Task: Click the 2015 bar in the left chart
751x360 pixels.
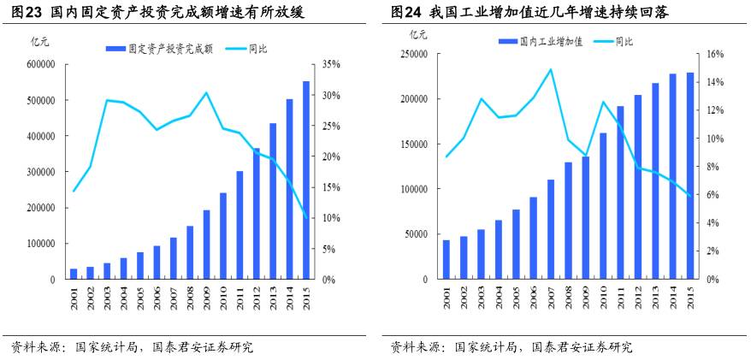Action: tap(306, 180)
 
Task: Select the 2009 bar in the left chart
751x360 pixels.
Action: tap(206, 245)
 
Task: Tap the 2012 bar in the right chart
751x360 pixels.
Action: tap(637, 187)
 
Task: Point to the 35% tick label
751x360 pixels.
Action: tap(332, 64)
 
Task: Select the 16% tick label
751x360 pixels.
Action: tap(714, 54)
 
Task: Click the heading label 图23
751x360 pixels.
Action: tap(23, 12)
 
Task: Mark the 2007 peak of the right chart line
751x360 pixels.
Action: tap(550, 69)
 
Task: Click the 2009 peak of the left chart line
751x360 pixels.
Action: tap(206, 92)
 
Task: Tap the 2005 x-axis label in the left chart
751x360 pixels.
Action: tap(139, 298)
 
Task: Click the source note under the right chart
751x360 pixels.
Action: tap(512, 347)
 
